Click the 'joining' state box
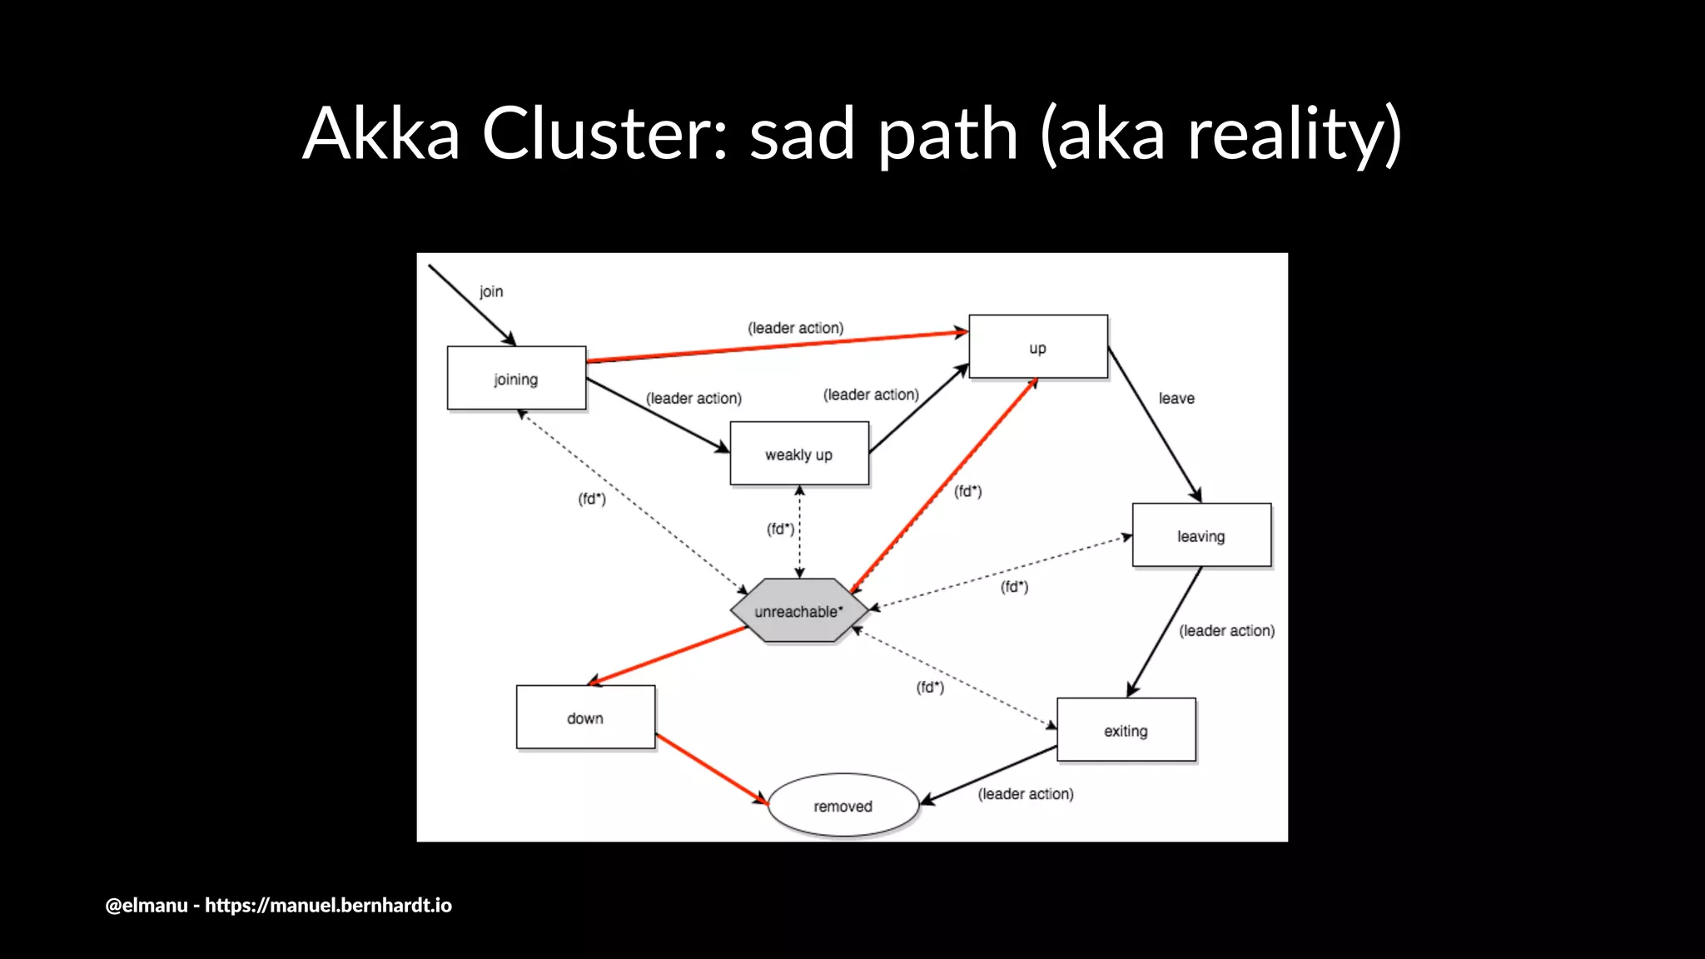coord(516,379)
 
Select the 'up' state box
coord(1038,347)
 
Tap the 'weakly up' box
coord(799,454)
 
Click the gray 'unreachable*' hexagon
coord(798,611)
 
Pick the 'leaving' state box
coord(1201,535)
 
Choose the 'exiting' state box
coord(1126,730)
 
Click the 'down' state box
coord(585,718)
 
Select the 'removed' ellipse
coord(843,806)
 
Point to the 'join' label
coord(491,291)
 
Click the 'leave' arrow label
coord(1176,398)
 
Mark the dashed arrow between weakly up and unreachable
coord(799,533)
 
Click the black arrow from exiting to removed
coord(989,775)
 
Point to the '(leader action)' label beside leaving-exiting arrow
coord(1226,631)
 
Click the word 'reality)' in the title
coord(1295,135)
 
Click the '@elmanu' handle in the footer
coord(147,906)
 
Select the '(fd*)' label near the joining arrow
coord(592,499)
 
